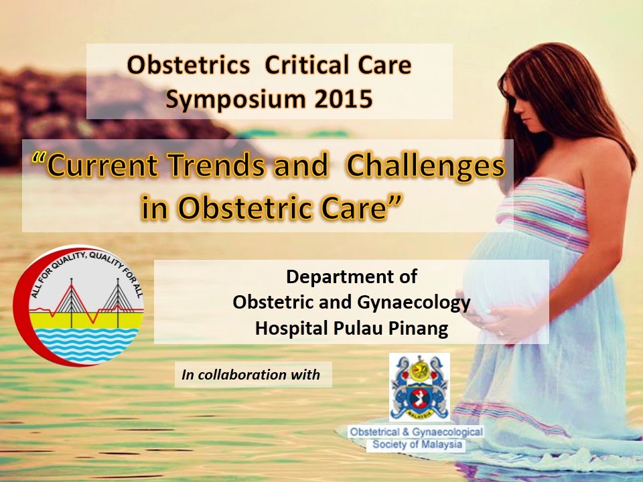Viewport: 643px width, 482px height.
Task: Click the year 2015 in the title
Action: click(339, 99)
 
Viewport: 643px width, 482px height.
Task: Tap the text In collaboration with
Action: click(251, 375)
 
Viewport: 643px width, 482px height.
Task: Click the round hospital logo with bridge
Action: click(80, 305)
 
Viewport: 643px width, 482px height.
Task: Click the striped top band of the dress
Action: click(543, 201)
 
